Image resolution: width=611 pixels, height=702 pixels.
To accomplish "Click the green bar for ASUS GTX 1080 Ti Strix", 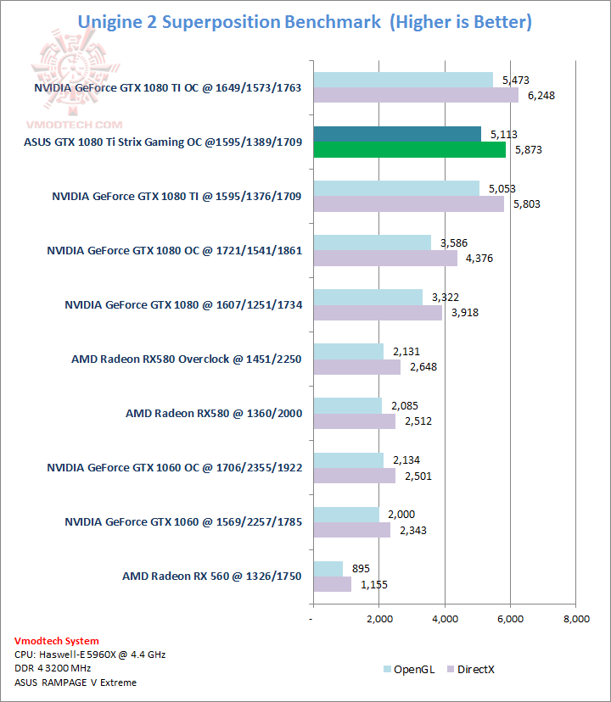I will [x=409, y=150].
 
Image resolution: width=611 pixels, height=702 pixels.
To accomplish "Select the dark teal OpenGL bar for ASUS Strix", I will [x=397, y=134].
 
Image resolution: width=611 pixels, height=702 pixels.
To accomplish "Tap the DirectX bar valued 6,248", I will [x=416, y=96].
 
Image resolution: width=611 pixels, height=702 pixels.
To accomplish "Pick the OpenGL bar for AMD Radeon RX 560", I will [x=328, y=568].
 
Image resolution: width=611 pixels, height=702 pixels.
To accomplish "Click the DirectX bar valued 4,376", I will [x=385, y=259].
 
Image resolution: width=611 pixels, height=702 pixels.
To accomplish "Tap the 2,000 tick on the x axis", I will [x=379, y=620].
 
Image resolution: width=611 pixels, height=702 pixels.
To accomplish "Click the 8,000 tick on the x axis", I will [x=575, y=620].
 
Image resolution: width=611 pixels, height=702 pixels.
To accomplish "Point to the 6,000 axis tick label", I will [x=510, y=620].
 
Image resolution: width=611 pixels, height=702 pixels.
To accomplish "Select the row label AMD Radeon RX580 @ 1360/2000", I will [x=213, y=414].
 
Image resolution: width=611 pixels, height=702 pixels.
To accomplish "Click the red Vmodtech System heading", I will [x=57, y=641].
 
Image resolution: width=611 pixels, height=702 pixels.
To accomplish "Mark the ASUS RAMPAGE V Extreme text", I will [x=75, y=682].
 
